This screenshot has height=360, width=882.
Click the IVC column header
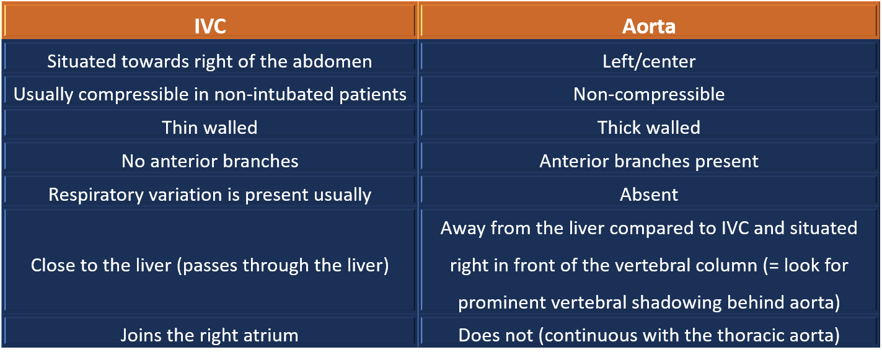209,27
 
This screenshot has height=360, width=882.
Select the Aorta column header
648,27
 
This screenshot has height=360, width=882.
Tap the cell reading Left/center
648,61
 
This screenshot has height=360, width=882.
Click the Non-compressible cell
648,94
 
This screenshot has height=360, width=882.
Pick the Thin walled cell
209,128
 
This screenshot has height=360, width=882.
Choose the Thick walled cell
648,128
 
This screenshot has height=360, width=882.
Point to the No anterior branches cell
209,161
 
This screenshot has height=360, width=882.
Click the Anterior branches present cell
648,161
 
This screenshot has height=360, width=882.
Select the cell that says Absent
648,195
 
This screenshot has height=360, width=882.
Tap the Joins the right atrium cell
209,336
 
